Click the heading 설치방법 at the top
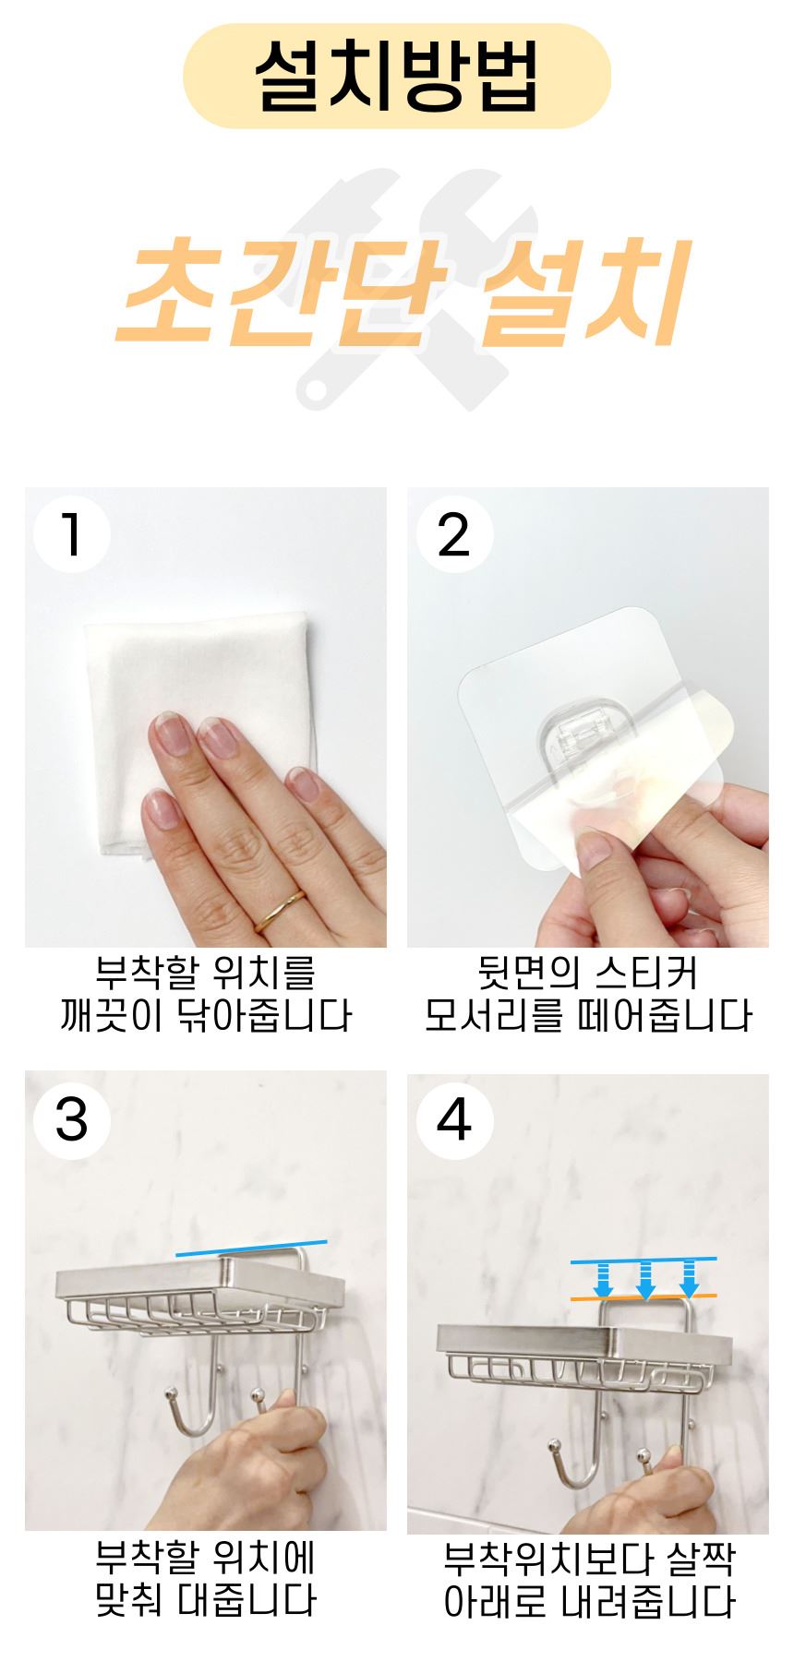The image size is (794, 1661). [397, 76]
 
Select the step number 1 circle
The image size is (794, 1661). [72, 534]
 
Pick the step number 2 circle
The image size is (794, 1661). [454, 534]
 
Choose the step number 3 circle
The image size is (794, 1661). [72, 1119]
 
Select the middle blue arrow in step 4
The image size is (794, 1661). [645, 1281]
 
